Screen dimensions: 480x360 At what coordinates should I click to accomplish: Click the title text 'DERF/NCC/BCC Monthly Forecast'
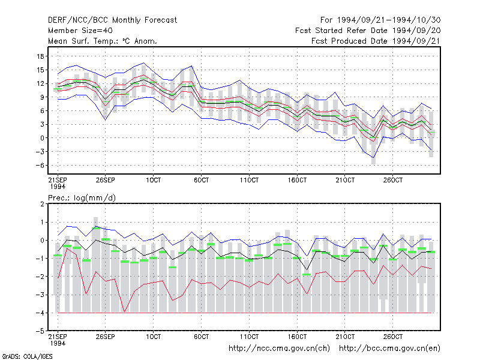[112, 20]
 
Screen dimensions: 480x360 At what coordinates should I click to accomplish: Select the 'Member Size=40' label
[80, 31]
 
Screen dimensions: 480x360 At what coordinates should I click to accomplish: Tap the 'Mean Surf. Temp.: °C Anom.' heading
[103, 41]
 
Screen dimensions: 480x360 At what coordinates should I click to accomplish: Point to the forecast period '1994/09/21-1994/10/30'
[389, 20]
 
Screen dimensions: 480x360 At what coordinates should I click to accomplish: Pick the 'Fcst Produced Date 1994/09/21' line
[376, 41]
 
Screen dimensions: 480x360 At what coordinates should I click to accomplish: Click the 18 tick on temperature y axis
[40, 56]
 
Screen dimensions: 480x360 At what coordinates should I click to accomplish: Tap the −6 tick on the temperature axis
[40, 166]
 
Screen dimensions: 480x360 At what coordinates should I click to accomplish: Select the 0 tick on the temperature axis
[42, 138]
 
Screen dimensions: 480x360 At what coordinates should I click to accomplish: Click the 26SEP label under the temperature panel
[106, 180]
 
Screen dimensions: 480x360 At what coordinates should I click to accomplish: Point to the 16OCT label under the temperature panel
[297, 180]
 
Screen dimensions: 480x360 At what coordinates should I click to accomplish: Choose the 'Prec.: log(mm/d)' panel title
[82, 198]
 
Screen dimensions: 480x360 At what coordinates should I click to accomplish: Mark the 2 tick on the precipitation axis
[42, 204]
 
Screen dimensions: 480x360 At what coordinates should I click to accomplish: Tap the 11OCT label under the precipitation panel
[249, 337]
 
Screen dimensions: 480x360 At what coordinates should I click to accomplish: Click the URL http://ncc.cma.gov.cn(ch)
[279, 349]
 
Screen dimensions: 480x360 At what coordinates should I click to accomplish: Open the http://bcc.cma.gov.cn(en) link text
[389, 349]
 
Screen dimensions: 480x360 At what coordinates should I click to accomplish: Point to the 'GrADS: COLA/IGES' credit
[27, 356]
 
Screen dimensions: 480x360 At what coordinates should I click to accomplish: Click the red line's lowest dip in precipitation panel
[124, 312]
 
